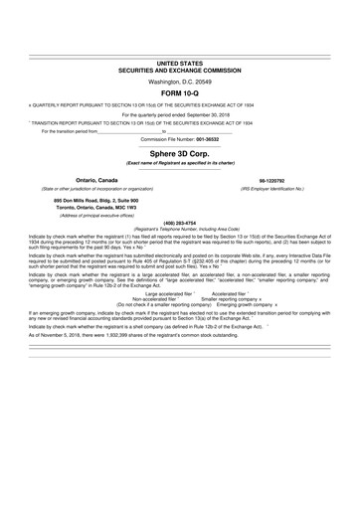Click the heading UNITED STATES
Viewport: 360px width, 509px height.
(x=179, y=63)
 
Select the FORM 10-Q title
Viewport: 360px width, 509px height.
(x=179, y=91)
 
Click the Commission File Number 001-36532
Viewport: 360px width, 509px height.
(x=179, y=138)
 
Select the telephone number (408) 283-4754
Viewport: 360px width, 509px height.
(x=179, y=222)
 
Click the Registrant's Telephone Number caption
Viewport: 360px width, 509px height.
(x=179, y=228)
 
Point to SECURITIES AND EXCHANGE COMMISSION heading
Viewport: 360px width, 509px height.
(x=179, y=70)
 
